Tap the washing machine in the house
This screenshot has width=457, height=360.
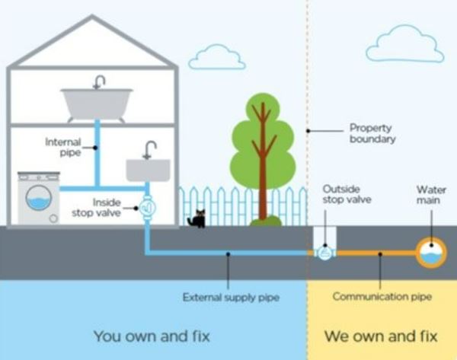click(39, 199)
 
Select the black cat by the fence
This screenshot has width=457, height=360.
click(197, 219)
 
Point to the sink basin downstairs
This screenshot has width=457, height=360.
click(148, 170)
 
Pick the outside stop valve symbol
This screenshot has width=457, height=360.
click(325, 252)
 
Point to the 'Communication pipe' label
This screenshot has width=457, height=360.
click(382, 297)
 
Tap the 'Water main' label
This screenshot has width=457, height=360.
click(431, 194)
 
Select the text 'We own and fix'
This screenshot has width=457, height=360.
click(381, 335)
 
